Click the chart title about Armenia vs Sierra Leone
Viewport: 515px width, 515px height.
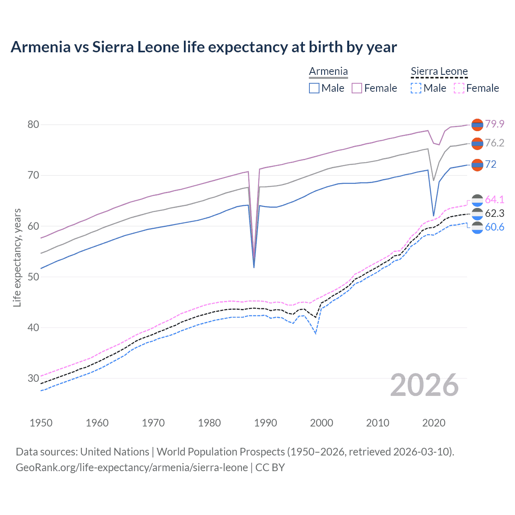(204, 47)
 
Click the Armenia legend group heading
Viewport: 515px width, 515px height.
(328, 72)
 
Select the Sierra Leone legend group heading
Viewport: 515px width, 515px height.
(439, 72)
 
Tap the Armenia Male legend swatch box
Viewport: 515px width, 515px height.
(314, 88)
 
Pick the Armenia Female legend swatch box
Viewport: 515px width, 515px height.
(357, 88)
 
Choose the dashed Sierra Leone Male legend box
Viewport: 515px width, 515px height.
(416, 88)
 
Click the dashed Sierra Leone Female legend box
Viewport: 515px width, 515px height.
(459, 88)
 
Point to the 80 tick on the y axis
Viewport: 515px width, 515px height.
(33, 125)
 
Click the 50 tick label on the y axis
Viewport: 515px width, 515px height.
(33, 277)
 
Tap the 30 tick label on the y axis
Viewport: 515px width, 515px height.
(33, 378)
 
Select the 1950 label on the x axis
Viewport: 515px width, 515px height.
(41, 423)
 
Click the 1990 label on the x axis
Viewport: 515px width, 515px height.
(266, 423)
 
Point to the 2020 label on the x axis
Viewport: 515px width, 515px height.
(434, 423)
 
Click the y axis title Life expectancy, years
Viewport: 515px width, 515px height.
(17, 257)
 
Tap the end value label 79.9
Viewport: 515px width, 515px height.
(494, 124)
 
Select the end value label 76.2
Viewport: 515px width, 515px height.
(494, 143)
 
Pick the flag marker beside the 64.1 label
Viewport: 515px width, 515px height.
(477, 200)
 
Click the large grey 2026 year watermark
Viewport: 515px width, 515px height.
(424, 385)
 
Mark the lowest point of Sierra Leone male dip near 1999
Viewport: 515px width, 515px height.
(316, 334)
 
